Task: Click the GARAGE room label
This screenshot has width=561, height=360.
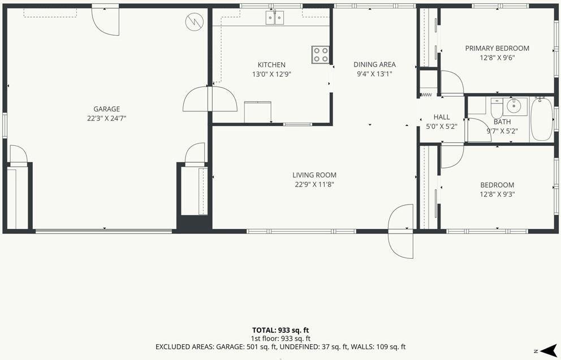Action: click(x=107, y=109)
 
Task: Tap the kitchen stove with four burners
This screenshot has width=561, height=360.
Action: click(x=320, y=55)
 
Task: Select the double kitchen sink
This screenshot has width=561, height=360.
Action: click(x=275, y=18)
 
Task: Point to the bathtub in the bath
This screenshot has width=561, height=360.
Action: click(x=542, y=119)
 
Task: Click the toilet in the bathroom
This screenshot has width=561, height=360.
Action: click(x=497, y=109)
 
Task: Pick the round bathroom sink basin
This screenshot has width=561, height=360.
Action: click(x=513, y=106)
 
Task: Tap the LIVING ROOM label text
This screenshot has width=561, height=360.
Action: click(x=314, y=175)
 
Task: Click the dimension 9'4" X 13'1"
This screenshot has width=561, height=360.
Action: click(x=374, y=74)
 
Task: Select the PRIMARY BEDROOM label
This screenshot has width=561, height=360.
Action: click(x=497, y=48)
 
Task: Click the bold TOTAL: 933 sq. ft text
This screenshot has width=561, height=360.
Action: click(x=280, y=330)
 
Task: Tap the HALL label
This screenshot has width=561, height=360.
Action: click(x=442, y=117)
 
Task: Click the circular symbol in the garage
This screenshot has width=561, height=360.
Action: click(x=195, y=22)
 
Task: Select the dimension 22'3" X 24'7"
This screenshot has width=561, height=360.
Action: click(x=107, y=118)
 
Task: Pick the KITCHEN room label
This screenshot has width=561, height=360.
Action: click(x=271, y=64)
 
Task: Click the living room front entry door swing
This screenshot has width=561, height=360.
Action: click(x=401, y=231)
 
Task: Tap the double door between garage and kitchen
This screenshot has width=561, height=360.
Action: click(x=210, y=99)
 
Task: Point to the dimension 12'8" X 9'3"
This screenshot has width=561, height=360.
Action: click(x=497, y=194)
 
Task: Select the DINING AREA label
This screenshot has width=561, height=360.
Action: click(x=374, y=64)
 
